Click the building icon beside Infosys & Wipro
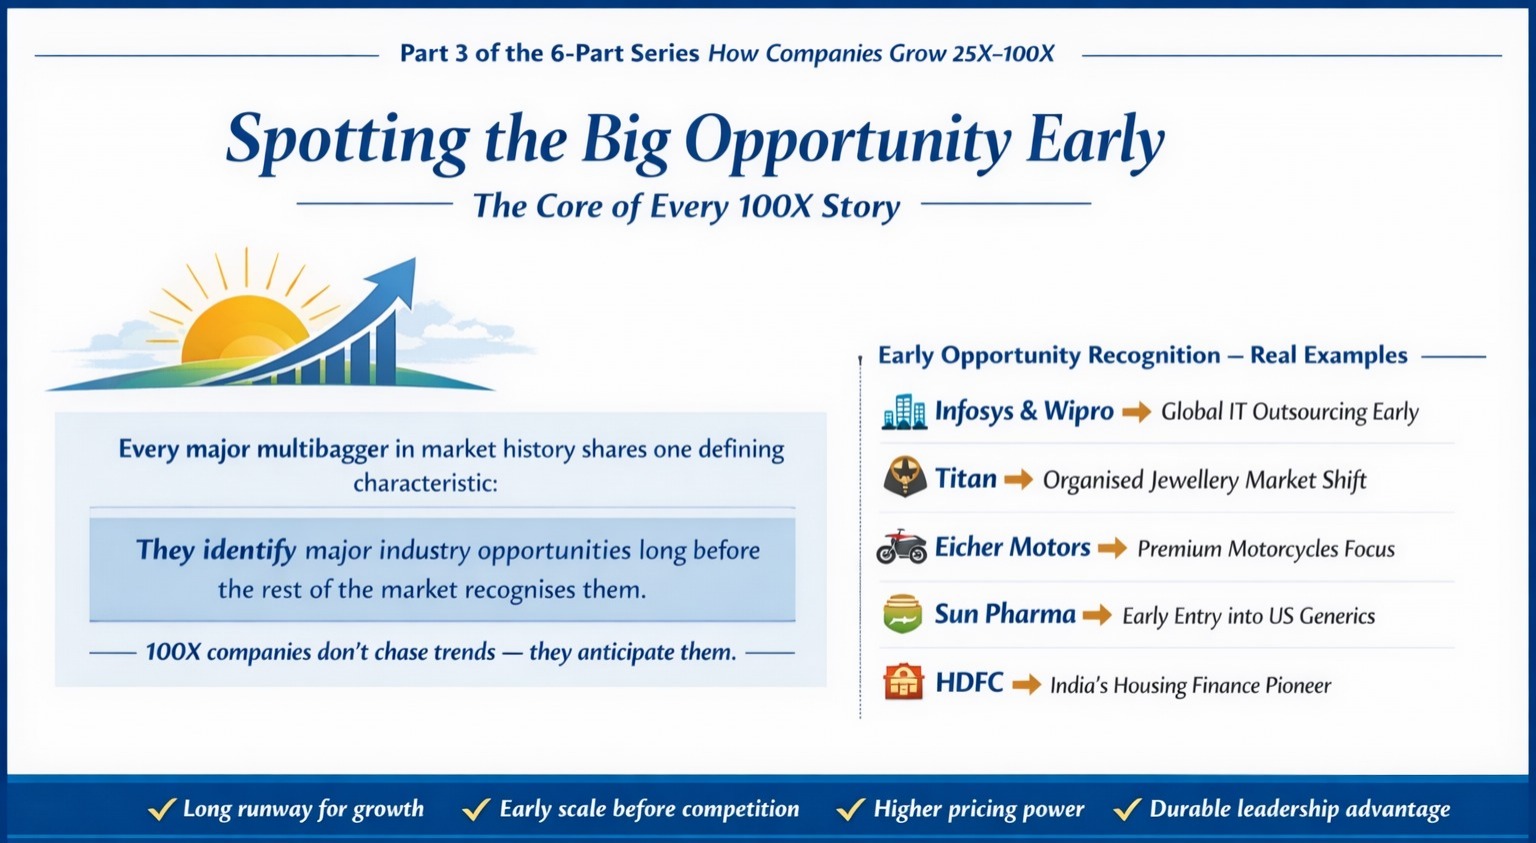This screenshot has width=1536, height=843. (904, 412)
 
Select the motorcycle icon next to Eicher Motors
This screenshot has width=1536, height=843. (902, 547)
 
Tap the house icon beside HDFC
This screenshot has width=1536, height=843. (903, 682)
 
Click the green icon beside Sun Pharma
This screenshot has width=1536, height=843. (902, 614)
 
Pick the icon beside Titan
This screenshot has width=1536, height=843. (904, 476)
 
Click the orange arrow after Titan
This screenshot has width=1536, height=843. (1018, 479)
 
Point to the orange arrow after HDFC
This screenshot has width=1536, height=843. (1027, 685)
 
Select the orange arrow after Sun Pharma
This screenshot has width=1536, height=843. (1097, 615)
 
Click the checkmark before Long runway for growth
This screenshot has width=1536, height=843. (162, 809)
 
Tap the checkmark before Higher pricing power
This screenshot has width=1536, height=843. (851, 809)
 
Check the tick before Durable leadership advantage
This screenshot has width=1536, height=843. (1127, 809)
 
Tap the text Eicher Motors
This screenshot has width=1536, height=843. (1012, 547)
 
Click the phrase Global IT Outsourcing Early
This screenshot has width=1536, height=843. (1290, 412)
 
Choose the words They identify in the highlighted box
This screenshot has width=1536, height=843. (216, 551)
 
